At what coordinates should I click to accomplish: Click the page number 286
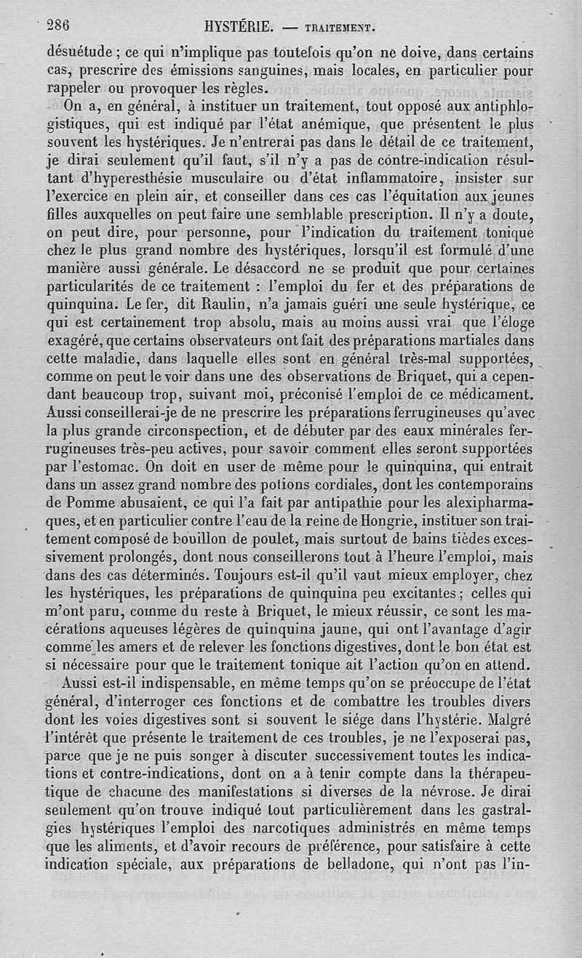point(57,26)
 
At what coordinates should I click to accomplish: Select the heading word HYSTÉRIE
point(239,28)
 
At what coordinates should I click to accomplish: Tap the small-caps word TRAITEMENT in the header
point(340,29)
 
